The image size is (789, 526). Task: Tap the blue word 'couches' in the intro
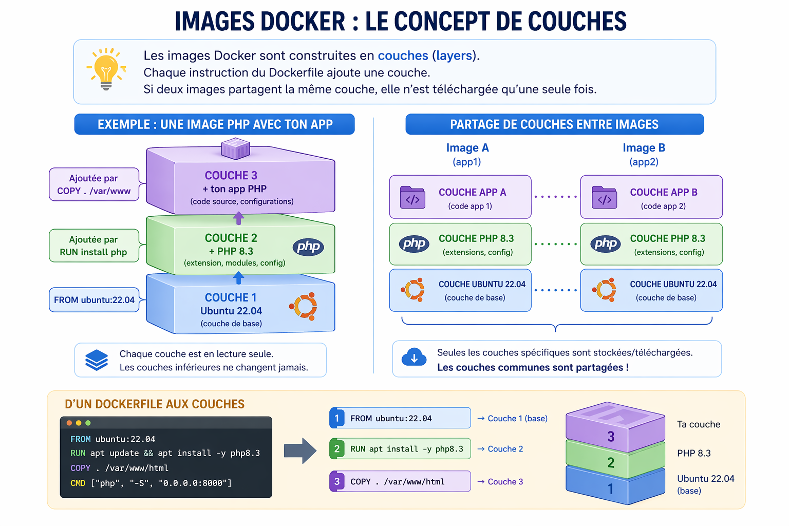[403, 55]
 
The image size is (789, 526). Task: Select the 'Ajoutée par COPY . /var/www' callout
[94, 184]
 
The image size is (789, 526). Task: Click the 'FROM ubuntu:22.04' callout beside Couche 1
[94, 300]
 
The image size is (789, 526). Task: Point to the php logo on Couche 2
[308, 247]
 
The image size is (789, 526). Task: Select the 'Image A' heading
[467, 148]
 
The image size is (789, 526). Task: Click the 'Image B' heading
[644, 148]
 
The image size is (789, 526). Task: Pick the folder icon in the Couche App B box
[604, 197]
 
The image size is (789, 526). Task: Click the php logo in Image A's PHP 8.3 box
[414, 243]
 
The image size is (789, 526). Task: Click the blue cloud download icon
[414, 358]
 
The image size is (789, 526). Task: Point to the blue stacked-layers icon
[97, 360]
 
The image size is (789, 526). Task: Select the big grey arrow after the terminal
[300, 451]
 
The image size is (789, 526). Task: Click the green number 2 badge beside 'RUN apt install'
[337, 449]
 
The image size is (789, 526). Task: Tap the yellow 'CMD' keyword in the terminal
[78, 483]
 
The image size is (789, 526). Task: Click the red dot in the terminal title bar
[69, 423]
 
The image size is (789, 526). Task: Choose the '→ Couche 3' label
[500, 482]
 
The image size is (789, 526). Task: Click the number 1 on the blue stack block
[610, 489]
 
